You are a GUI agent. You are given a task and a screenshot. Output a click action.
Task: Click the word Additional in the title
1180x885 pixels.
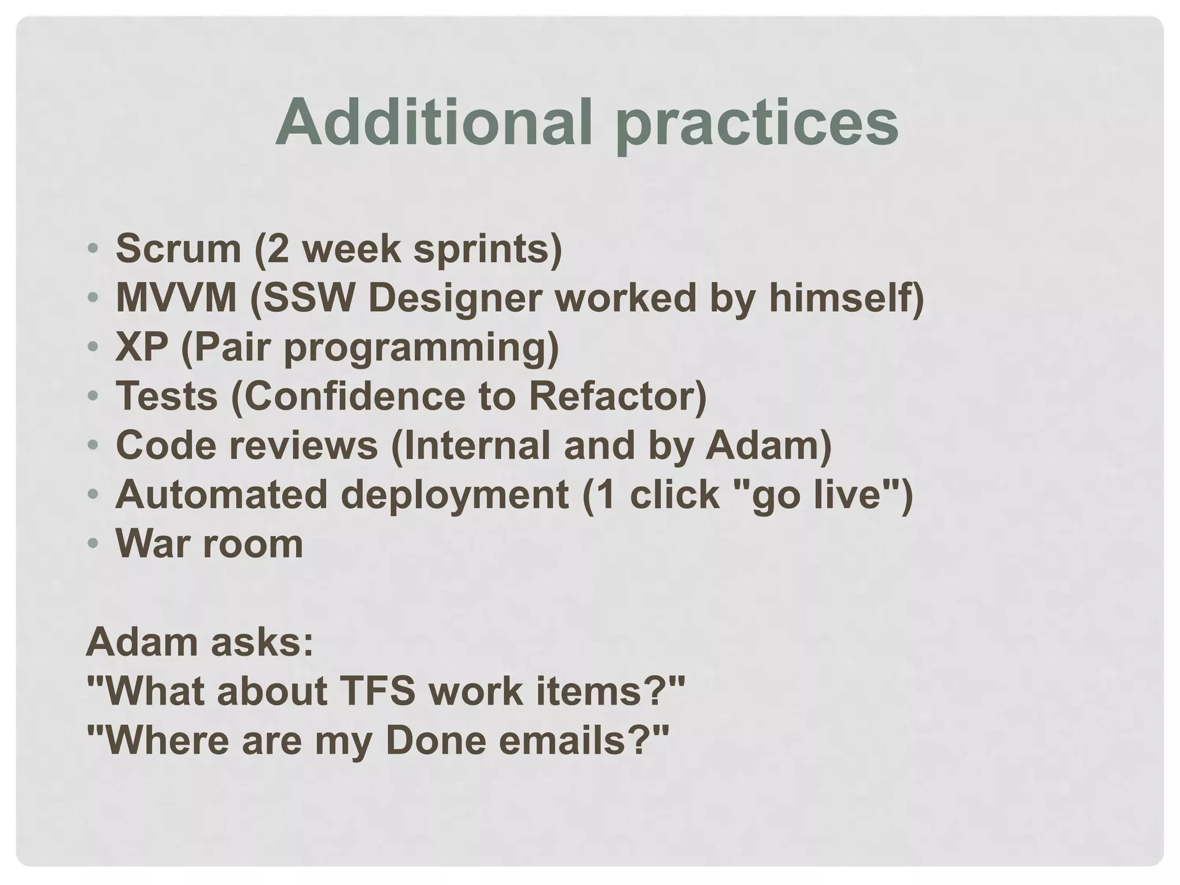tap(434, 122)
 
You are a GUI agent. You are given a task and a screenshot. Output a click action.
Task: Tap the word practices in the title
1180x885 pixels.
tap(757, 124)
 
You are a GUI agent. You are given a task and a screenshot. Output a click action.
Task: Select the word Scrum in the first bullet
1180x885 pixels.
tap(178, 248)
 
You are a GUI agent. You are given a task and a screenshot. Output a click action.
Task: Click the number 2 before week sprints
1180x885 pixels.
tap(278, 248)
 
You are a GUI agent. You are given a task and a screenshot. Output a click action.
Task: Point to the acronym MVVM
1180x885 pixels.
tap(176, 298)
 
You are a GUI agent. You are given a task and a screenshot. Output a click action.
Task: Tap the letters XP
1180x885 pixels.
tap(142, 347)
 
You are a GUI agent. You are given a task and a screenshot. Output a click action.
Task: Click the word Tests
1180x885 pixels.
tap(167, 396)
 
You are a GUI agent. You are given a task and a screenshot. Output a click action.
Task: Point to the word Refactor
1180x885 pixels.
tap(612, 396)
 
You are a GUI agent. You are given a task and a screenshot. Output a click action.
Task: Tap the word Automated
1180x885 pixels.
tap(221, 495)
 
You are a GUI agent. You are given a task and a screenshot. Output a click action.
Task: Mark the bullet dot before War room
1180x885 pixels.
tap(93, 543)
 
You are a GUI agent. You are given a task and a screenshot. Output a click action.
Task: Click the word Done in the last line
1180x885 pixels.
tap(436, 740)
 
